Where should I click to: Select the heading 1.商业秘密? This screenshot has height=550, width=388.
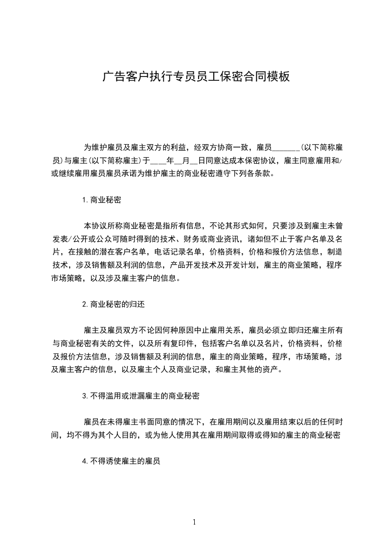102,200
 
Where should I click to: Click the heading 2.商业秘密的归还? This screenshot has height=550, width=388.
113,304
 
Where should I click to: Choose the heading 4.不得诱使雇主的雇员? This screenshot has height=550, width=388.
122,460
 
